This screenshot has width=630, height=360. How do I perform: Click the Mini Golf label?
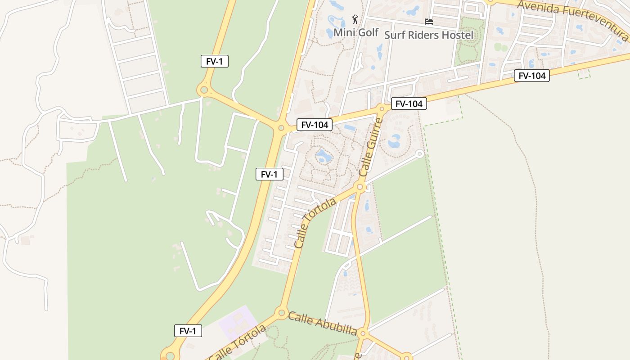click(356, 32)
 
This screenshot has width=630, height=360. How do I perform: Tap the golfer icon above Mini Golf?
click(355, 19)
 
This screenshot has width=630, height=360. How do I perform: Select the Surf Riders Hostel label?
click(428, 35)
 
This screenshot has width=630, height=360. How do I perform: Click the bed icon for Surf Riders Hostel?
click(429, 21)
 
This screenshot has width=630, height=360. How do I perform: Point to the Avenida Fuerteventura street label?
click(572, 19)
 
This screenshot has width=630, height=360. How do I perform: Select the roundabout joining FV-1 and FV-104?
click(281, 128)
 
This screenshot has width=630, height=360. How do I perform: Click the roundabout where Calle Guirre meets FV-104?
click(382, 108)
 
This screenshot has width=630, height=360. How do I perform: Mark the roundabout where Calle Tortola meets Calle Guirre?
click(360, 187)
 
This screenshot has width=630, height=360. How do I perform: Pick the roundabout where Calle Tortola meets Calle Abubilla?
click(282, 312)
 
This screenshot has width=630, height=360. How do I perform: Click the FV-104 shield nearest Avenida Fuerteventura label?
click(532, 76)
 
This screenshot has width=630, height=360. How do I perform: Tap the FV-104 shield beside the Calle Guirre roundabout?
click(409, 104)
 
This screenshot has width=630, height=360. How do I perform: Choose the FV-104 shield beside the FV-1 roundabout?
click(314, 125)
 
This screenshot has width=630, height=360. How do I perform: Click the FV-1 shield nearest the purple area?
click(188, 331)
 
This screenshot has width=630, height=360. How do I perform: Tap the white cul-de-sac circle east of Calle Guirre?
click(419, 154)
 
